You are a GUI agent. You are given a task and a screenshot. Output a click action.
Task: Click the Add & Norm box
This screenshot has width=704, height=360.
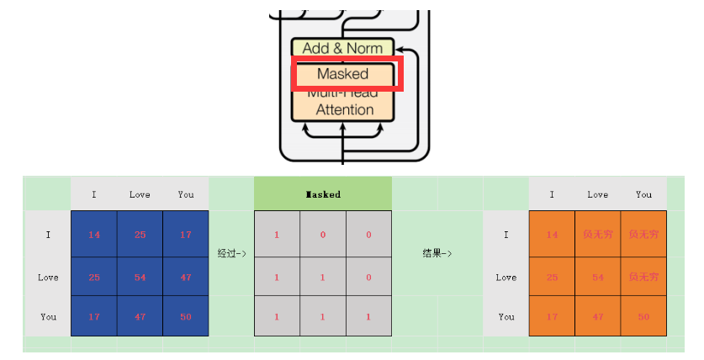pyautogui.click(x=342, y=48)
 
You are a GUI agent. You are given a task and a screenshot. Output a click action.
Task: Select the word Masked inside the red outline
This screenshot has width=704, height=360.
pyautogui.click(x=343, y=74)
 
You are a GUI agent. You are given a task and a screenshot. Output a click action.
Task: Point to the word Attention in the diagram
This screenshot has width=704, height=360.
pyautogui.click(x=344, y=109)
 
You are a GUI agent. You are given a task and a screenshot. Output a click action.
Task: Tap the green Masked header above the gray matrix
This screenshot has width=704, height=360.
pyautogui.click(x=323, y=194)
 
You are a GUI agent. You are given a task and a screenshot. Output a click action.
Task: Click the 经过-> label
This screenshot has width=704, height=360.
pyautogui.click(x=231, y=253)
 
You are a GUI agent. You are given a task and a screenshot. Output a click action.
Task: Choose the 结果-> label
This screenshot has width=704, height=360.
pyautogui.click(x=437, y=253)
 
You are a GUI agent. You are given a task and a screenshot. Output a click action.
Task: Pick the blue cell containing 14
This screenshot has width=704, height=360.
pyautogui.click(x=93, y=235)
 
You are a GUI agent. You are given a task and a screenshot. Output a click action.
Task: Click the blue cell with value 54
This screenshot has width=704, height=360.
pyautogui.click(x=140, y=277)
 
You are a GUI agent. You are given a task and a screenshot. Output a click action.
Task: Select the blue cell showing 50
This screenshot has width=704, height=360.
pyautogui.click(x=185, y=317)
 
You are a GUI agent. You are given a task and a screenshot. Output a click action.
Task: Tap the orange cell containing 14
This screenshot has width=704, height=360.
pyautogui.click(x=552, y=235)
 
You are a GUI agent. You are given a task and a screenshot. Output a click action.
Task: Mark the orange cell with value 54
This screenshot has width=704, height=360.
pyautogui.click(x=598, y=277)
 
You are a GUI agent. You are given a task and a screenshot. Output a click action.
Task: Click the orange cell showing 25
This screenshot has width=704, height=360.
pyautogui.click(x=552, y=277)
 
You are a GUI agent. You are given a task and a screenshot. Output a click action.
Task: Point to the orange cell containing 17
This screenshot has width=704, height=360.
pyautogui.click(x=552, y=317)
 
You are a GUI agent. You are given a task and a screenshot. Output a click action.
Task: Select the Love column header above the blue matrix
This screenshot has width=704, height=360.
pyautogui.click(x=140, y=194)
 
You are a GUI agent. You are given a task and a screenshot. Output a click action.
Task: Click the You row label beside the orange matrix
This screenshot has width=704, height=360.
pyautogui.click(x=506, y=317)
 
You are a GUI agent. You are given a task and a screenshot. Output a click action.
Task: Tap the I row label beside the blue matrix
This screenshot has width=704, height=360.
pyautogui.click(x=48, y=235)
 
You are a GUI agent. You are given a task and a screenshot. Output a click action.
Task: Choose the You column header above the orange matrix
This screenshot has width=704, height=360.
pyautogui.click(x=643, y=194)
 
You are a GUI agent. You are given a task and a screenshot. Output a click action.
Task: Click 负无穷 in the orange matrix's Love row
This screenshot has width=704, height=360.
pyautogui.click(x=643, y=277)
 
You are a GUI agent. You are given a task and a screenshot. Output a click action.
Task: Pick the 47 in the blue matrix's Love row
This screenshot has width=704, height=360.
pyautogui.click(x=185, y=277)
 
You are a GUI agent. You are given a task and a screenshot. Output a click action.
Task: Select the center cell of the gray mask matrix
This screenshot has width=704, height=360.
pyautogui.click(x=323, y=277)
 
